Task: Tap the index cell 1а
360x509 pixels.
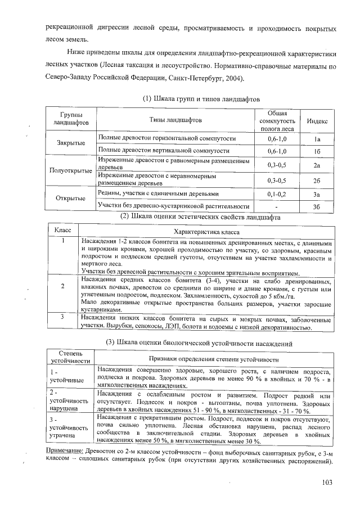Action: coord(317,138)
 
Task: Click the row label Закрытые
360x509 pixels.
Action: coord(71,144)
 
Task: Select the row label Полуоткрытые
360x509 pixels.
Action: coord(71,172)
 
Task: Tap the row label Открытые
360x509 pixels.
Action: coord(71,199)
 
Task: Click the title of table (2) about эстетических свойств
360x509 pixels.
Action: coord(200,217)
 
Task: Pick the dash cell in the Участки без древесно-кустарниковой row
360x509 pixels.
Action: coord(277,206)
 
